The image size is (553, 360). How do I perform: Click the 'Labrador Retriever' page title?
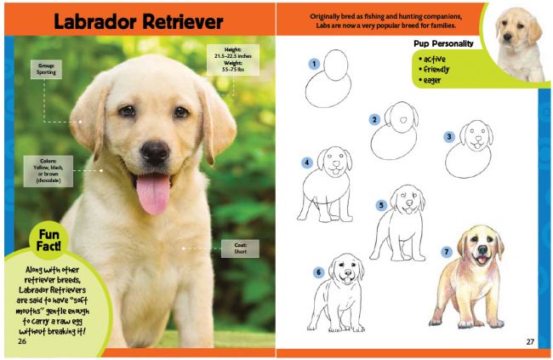[x=138, y=21]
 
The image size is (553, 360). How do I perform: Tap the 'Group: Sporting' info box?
[x=45, y=69]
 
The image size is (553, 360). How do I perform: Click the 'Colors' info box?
[x=48, y=170]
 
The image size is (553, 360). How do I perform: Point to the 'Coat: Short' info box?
[x=241, y=249]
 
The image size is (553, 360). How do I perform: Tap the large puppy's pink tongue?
[x=152, y=195]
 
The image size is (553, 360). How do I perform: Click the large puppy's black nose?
[x=155, y=152]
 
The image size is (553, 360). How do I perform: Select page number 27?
[x=529, y=341]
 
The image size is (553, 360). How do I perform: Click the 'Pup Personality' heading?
[x=443, y=43]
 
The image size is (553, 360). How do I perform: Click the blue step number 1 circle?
[x=314, y=63]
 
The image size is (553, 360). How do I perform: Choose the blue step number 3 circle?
[x=448, y=136]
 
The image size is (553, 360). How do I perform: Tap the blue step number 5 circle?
[x=382, y=205]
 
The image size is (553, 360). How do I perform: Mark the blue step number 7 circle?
[x=447, y=252]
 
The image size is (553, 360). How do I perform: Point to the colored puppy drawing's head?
[x=481, y=246]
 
